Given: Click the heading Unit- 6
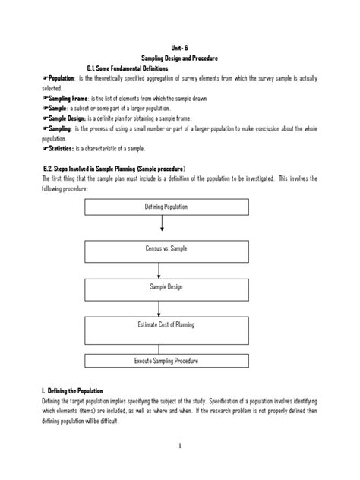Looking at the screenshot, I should [x=179, y=48].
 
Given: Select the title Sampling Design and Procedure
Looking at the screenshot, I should [x=179, y=58].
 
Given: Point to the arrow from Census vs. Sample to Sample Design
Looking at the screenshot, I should [x=157, y=269].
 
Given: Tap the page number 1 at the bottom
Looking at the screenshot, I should [x=179, y=466].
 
